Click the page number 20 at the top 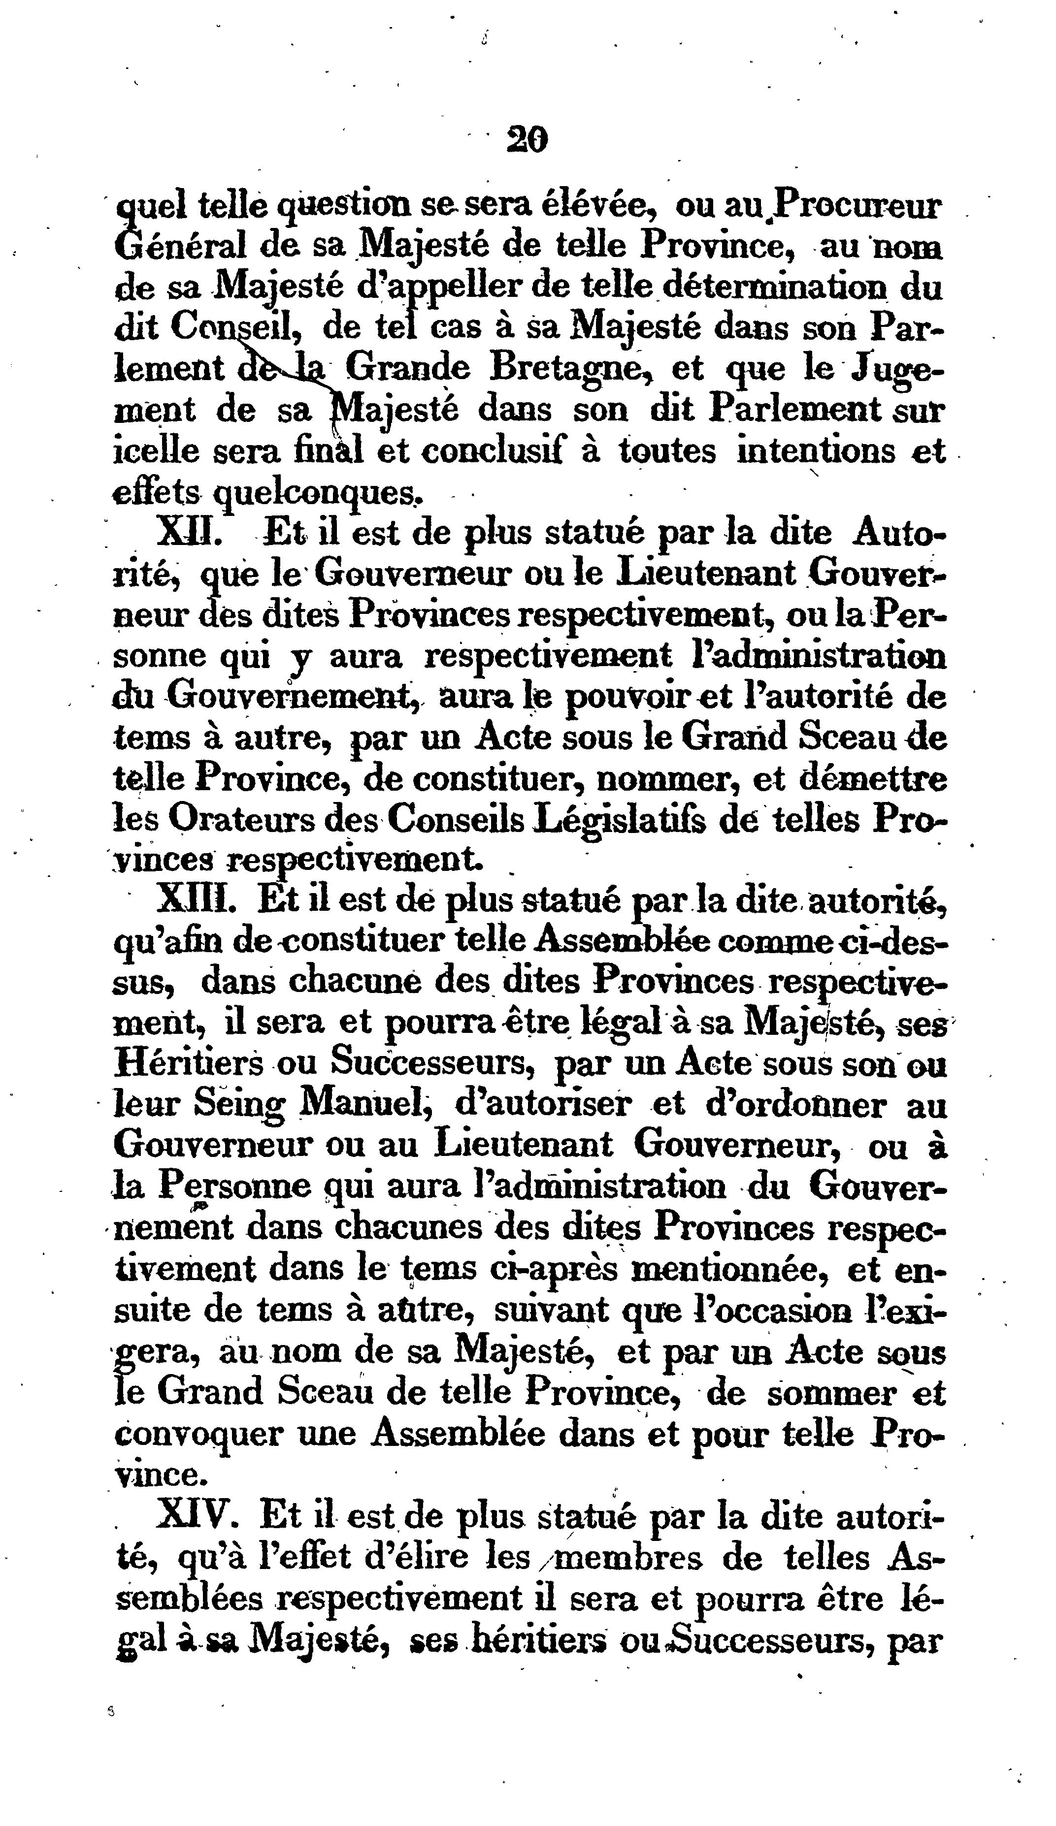527,139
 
